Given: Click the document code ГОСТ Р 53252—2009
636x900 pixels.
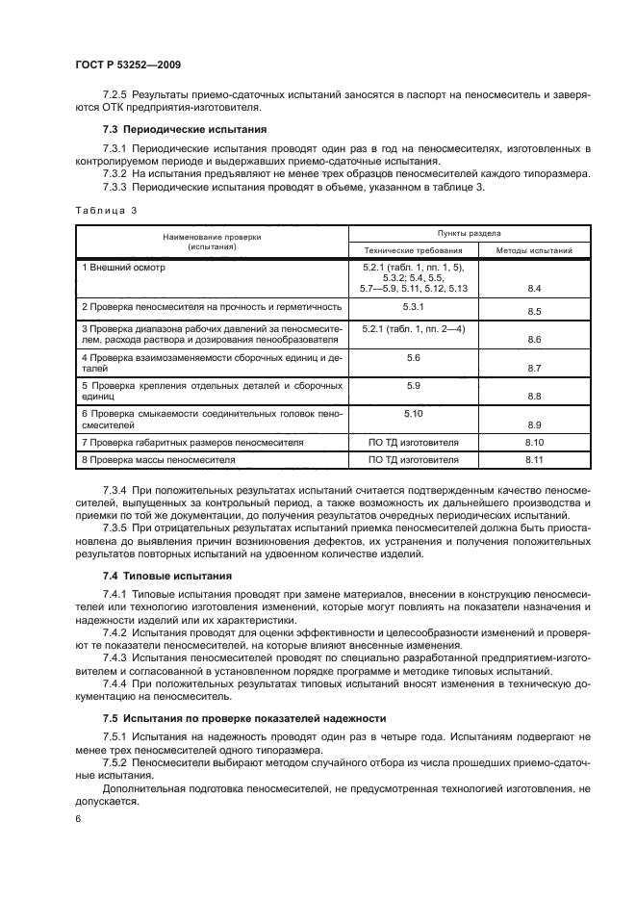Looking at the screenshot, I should tap(128, 64).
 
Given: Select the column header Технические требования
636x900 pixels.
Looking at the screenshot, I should tap(414, 250).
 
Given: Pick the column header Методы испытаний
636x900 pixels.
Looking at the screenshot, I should tap(534, 250).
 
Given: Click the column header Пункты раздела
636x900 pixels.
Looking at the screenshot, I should tap(473, 233).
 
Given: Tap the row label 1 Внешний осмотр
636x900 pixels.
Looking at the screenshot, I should tap(124, 267).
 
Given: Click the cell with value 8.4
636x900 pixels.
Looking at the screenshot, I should tap(535, 289).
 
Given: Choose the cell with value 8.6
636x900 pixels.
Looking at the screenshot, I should tap(535, 341).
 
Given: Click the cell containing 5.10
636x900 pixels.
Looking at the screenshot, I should tap(414, 412).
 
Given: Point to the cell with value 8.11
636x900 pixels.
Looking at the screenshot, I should tap(535, 460).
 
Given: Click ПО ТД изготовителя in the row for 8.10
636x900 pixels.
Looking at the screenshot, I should tap(414, 443).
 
